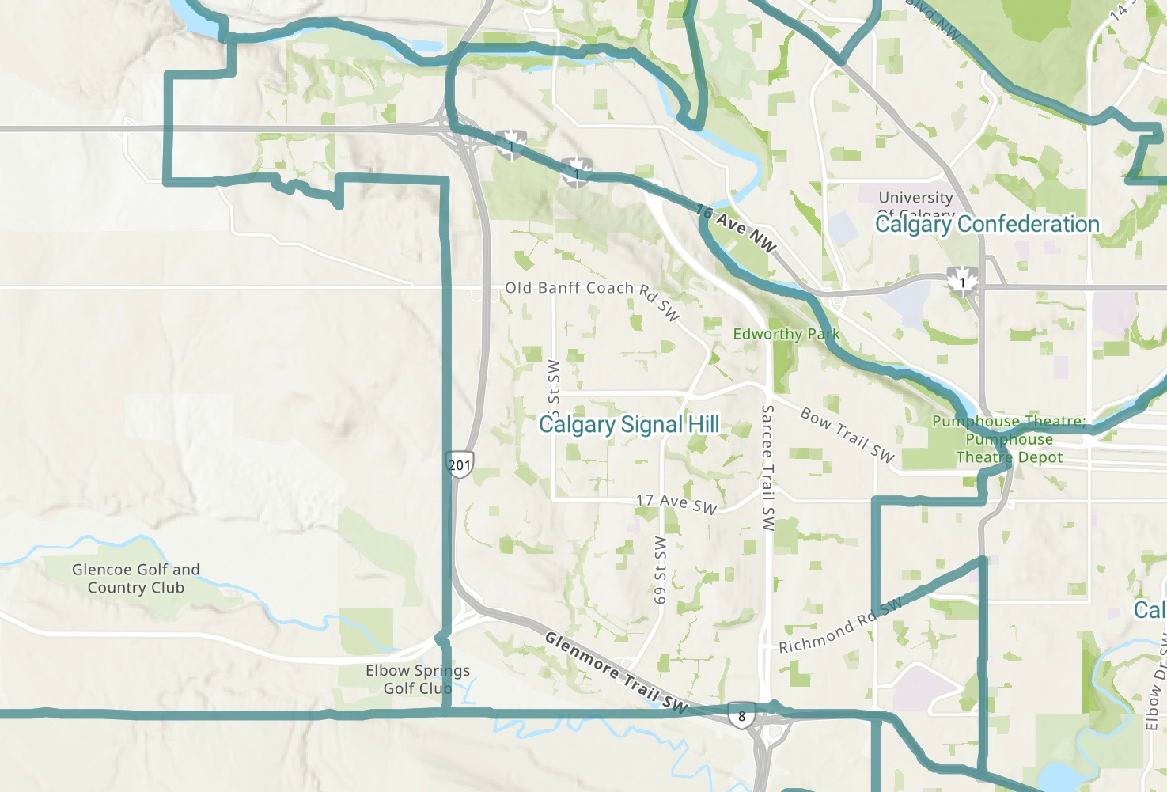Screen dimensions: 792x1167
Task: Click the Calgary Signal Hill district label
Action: [x=629, y=425]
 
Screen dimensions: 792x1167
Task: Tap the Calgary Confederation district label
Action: [x=987, y=225]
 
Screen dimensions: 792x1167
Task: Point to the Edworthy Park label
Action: [x=786, y=334]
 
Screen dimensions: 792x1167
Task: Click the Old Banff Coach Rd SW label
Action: [x=592, y=295]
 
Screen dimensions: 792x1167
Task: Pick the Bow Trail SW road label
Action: [x=847, y=434]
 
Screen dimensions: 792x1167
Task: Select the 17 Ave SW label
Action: [x=676, y=503]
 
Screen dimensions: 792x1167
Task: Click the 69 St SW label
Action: [x=660, y=570]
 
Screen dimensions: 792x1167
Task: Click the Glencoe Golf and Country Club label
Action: [x=136, y=578]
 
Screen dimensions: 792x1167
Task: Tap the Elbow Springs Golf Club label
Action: [x=418, y=679]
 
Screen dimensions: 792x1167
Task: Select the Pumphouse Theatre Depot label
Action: [x=1009, y=440]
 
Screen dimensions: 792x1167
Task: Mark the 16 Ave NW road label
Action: [x=737, y=228]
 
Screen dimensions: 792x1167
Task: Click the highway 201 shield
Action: [x=460, y=464]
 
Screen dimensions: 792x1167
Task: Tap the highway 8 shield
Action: [x=741, y=715]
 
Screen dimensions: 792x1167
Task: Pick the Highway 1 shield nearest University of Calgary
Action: [x=963, y=281]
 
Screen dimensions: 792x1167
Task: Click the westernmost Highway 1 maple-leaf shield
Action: [x=512, y=145]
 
